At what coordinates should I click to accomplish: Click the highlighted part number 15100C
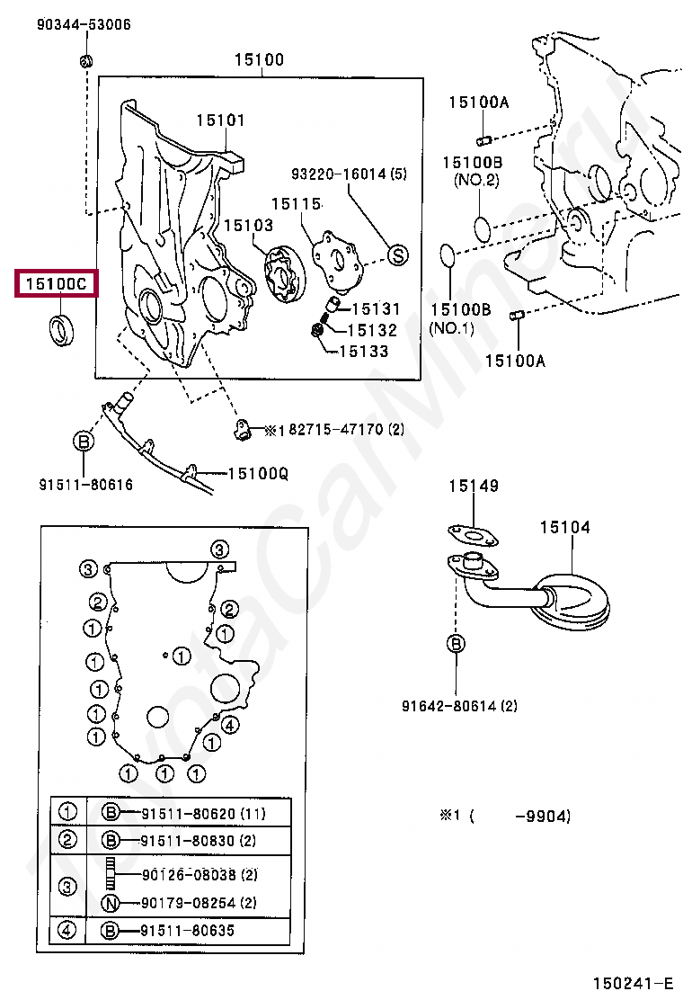56,285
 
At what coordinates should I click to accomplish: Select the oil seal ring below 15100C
61,329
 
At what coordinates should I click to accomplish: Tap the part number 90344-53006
84,24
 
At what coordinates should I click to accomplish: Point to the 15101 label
221,121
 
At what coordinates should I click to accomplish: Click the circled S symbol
397,255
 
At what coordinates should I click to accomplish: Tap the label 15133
363,352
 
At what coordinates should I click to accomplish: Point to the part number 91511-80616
85,485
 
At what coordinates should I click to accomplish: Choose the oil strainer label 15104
565,527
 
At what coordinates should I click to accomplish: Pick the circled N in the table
111,903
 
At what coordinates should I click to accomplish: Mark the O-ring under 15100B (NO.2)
483,228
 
